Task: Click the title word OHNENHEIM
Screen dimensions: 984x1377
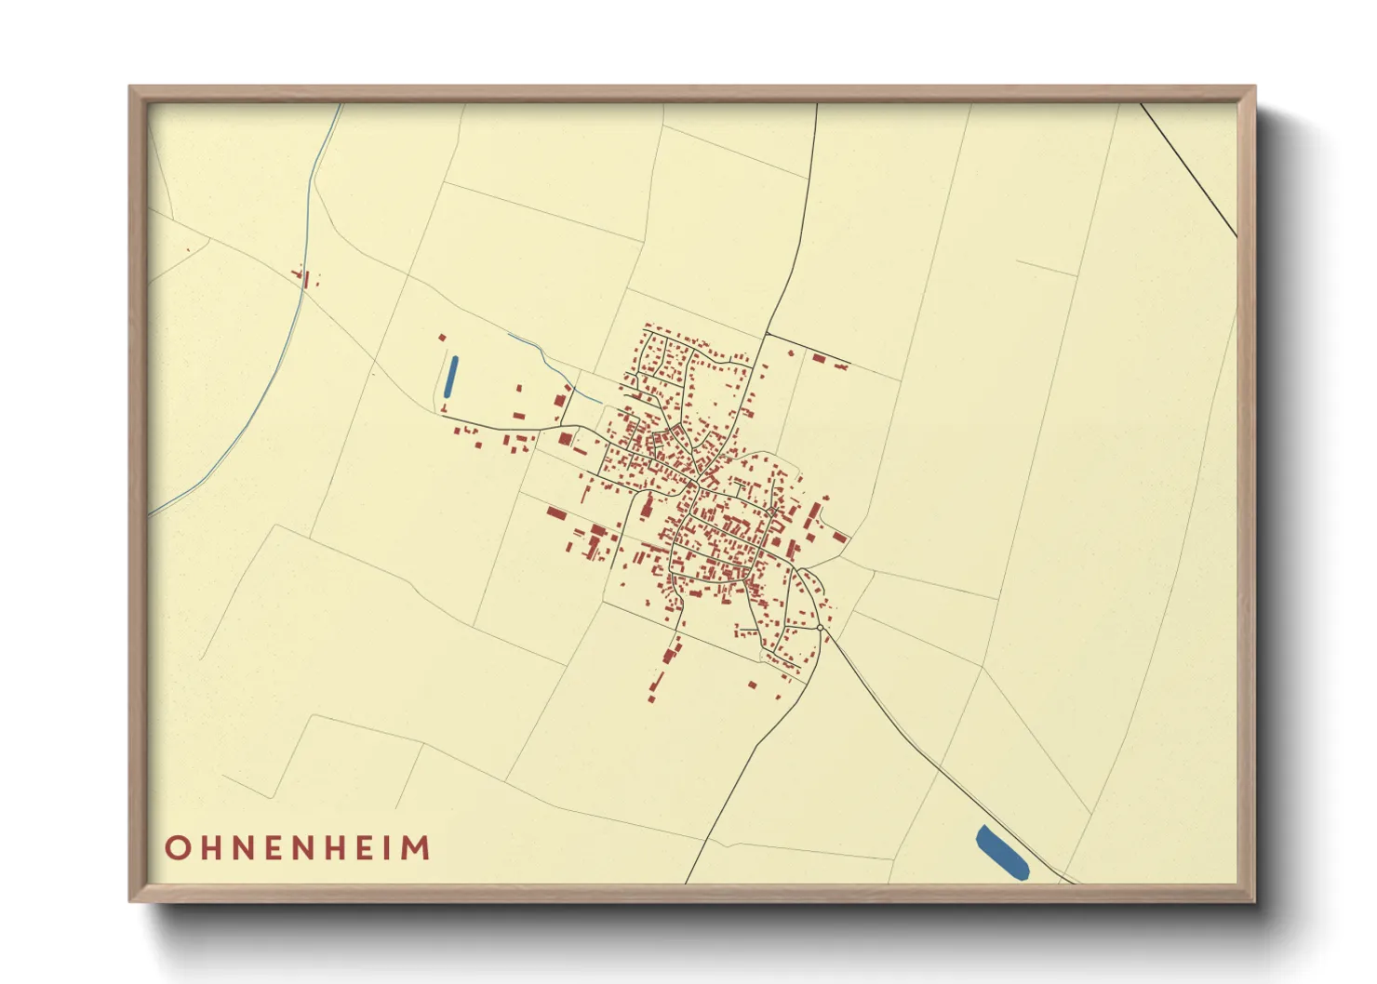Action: pos(298,848)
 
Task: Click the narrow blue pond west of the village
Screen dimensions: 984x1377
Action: pos(451,377)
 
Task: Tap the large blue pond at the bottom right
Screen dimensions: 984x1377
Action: pos(1002,852)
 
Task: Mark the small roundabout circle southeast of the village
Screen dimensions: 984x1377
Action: pos(820,628)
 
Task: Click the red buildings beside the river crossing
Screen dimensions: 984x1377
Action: pos(304,277)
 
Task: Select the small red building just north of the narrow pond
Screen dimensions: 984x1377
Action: pos(442,337)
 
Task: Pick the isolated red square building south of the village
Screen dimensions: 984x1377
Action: pos(753,685)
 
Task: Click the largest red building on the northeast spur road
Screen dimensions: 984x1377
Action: pos(819,357)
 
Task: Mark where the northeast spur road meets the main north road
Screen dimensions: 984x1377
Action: pos(766,333)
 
